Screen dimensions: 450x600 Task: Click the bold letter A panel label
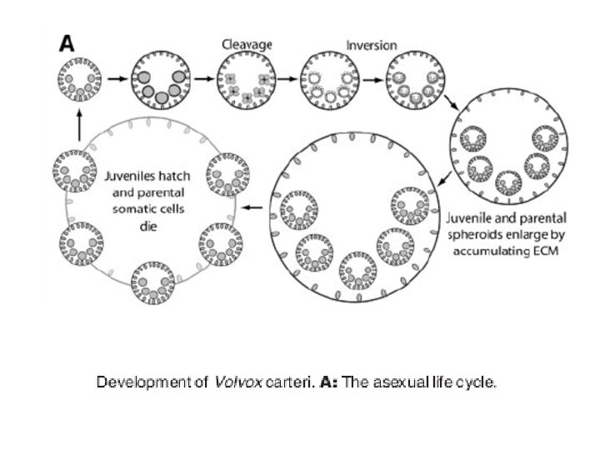click(66, 43)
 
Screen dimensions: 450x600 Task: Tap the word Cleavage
click(243, 42)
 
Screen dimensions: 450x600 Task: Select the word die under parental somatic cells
click(147, 225)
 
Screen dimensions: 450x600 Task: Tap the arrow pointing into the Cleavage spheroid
click(202, 80)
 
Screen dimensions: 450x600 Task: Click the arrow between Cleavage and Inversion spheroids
click(286, 80)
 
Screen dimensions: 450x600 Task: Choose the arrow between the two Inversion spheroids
click(372, 81)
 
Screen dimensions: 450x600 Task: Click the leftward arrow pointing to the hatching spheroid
click(255, 207)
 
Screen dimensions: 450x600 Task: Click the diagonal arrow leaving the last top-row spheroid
click(451, 104)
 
